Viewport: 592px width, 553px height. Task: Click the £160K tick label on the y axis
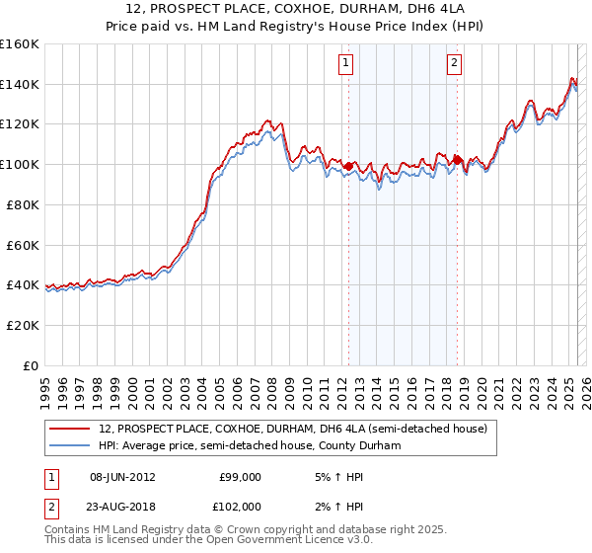point(20,44)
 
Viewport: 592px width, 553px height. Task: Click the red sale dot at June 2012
point(348,167)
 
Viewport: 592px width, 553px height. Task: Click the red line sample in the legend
point(70,430)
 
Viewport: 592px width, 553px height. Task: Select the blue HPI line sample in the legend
point(70,446)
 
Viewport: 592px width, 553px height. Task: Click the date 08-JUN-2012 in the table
point(122,477)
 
